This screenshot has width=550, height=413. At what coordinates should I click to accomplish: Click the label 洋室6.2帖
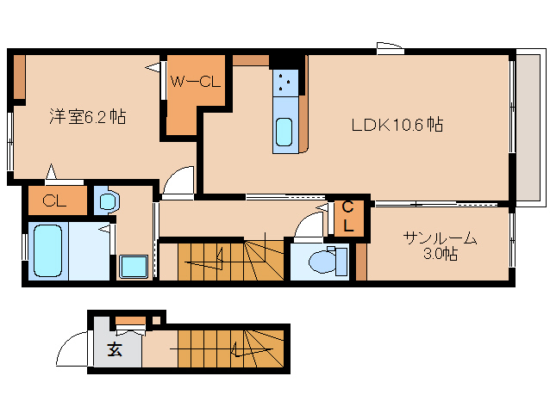[x=87, y=117]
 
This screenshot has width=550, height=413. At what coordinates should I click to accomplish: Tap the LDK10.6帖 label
[x=397, y=125]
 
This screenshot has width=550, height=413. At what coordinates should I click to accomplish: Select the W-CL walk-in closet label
[x=195, y=82]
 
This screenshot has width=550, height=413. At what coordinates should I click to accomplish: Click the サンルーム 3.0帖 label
[x=441, y=245]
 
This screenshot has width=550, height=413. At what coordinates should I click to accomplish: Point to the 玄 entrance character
[x=115, y=349]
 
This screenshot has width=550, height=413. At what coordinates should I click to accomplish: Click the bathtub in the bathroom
[x=47, y=250]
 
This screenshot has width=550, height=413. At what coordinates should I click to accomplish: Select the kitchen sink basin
[x=284, y=132]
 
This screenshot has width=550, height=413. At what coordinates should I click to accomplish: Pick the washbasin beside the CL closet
[x=108, y=201]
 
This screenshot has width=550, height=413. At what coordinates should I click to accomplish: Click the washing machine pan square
[x=134, y=267]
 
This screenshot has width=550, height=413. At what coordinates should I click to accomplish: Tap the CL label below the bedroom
[x=54, y=200]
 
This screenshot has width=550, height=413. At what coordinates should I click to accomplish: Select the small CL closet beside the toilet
[x=347, y=218]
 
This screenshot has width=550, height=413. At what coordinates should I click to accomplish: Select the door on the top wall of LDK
[x=390, y=48]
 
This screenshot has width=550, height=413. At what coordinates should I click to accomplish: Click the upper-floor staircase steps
[x=231, y=260]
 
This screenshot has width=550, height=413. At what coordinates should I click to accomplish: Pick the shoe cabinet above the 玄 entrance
[x=130, y=321]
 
